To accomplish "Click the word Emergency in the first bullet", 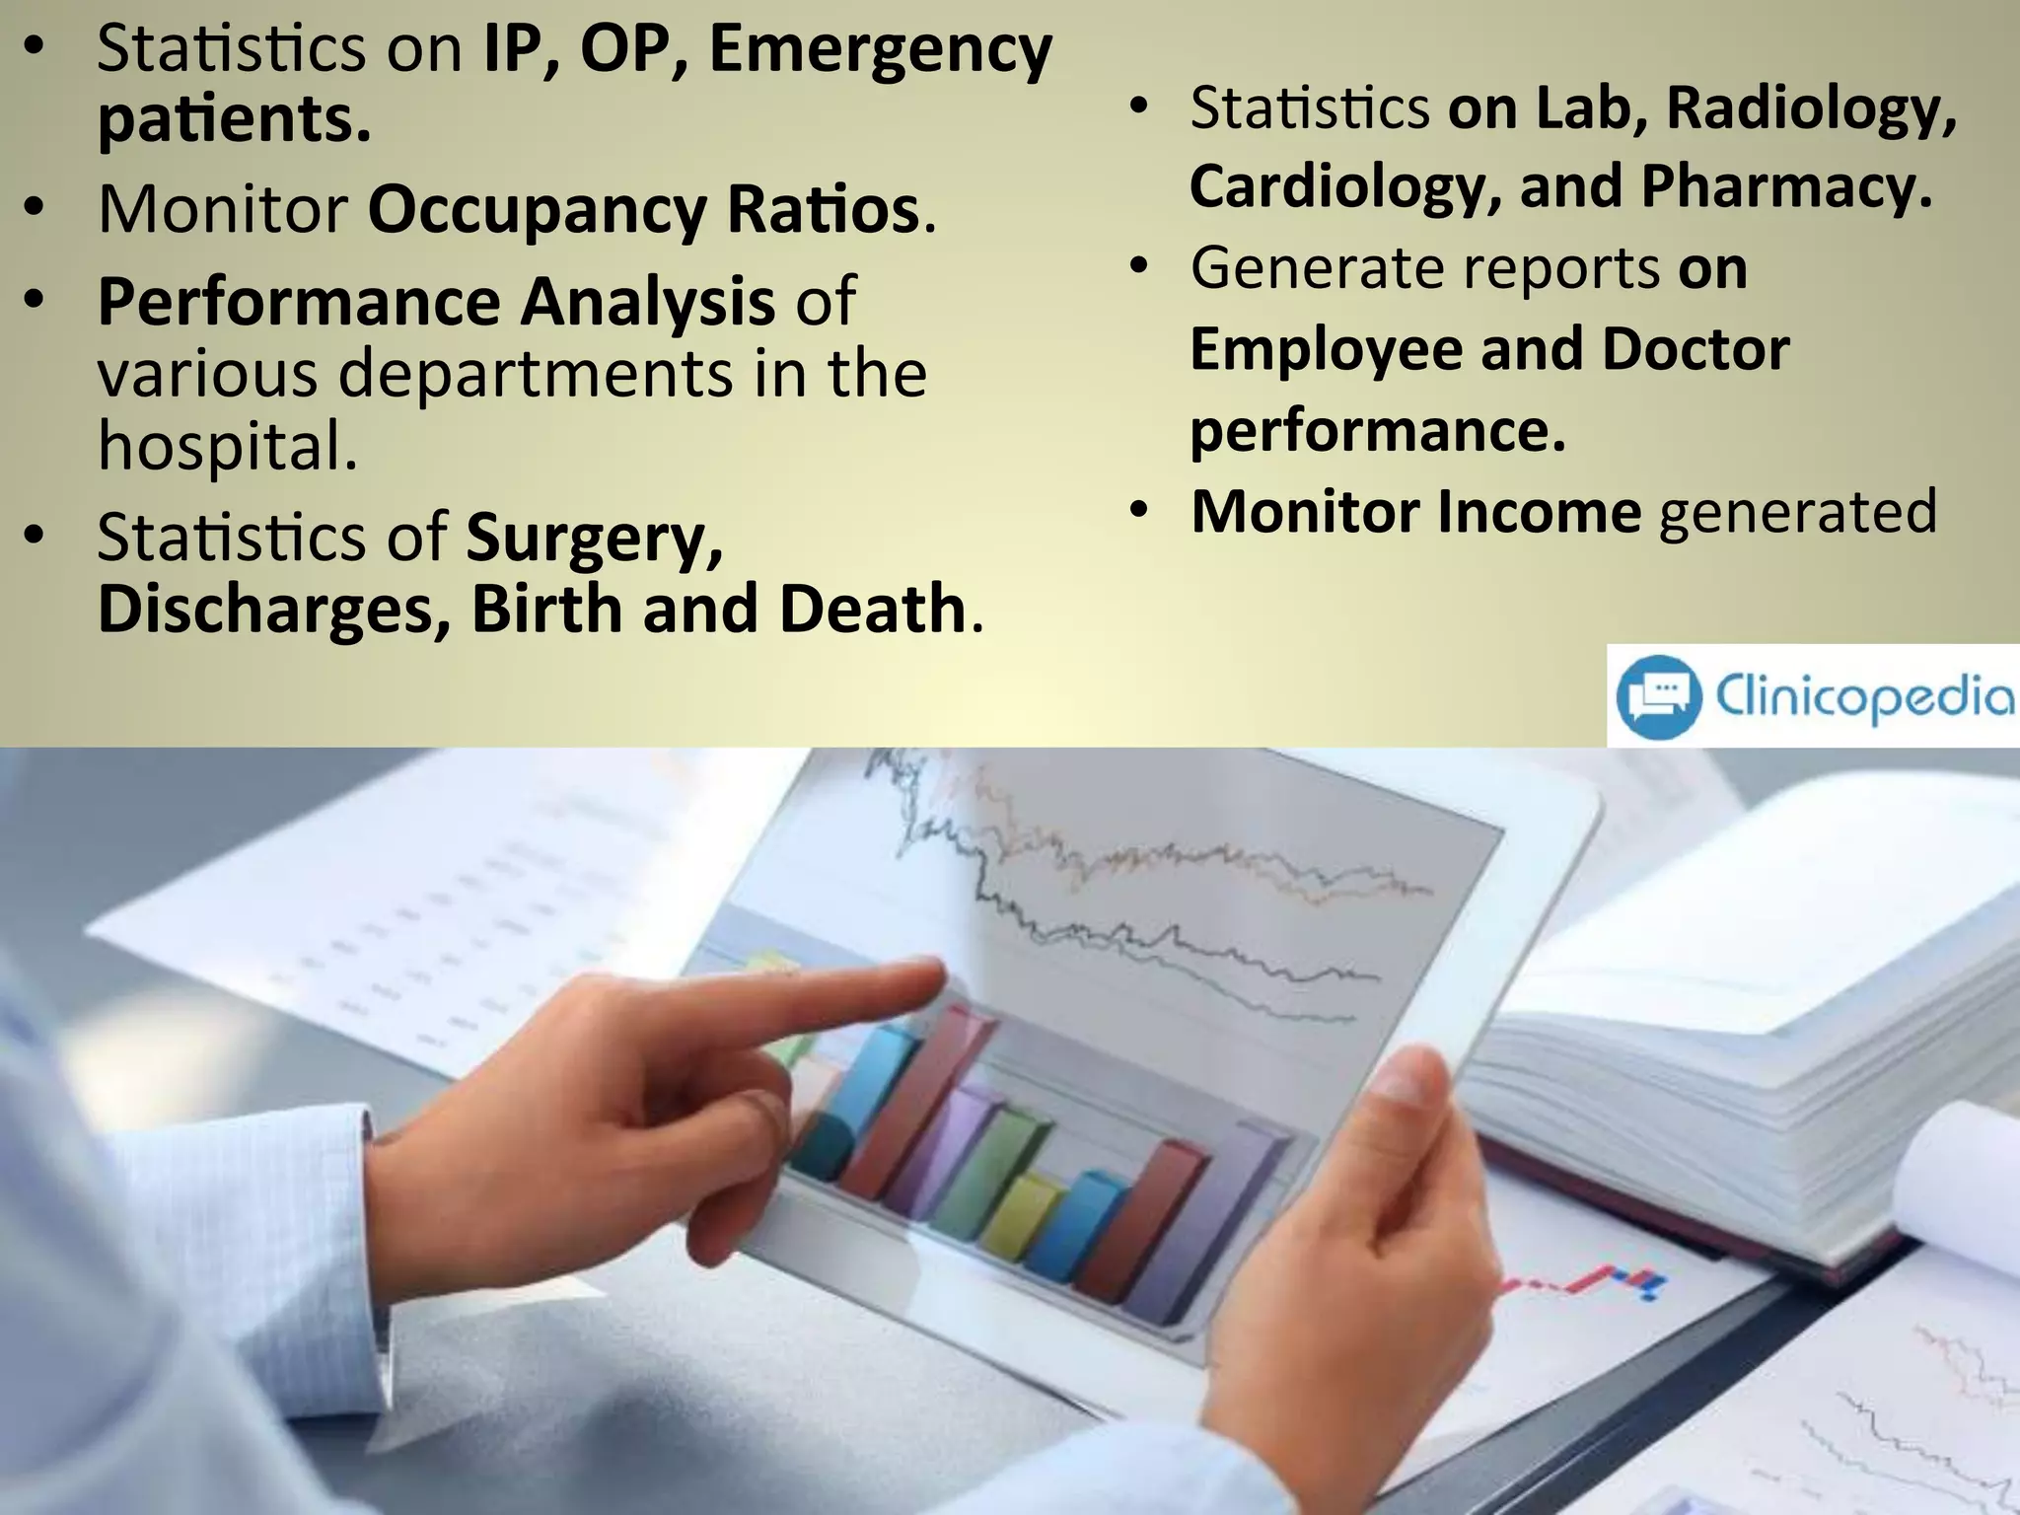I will coord(880,49).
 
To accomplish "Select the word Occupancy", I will coord(538,211).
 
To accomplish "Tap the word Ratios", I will coord(824,211).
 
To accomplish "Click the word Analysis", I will coord(647,302).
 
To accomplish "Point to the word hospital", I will coord(227,447).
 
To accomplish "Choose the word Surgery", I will coord(595,539).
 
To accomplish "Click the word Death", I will coord(872,610).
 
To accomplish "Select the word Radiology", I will coord(1811,108).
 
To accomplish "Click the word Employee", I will coord(1327,349).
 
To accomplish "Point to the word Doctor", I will coord(1695,349).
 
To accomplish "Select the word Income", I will coord(1539,512).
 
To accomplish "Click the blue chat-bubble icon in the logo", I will coord(1659,696).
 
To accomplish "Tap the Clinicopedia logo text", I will coord(1863,696).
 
